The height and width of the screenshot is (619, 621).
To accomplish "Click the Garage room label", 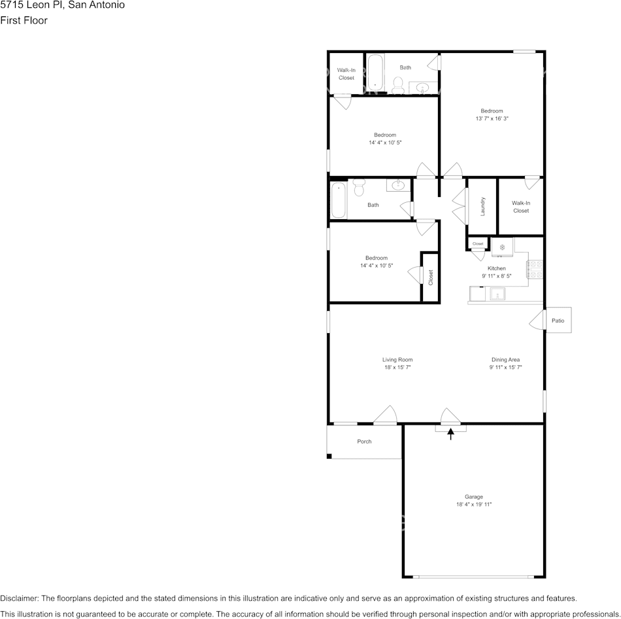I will pyautogui.click(x=473, y=497).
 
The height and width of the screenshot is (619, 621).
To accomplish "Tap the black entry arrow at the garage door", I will pyautogui.click(x=450, y=433).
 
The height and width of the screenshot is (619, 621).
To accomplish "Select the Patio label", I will pyautogui.click(x=558, y=321).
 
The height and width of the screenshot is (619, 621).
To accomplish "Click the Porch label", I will pyautogui.click(x=364, y=442).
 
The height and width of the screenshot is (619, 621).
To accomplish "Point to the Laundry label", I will pyautogui.click(x=482, y=207).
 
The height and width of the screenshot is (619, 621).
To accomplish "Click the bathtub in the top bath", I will pyautogui.click(x=375, y=73).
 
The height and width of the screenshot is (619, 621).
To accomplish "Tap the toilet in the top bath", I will pyautogui.click(x=397, y=84).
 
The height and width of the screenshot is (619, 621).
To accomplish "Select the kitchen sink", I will pyautogui.click(x=497, y=294).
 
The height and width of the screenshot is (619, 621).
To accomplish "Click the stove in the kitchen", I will pyautogui.click(x=535, y=269).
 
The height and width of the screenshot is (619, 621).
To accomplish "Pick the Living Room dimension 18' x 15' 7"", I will pyautogui.click(x=397, y=368).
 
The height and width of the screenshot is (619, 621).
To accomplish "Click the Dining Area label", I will pyautogui.click(x=505, y=359).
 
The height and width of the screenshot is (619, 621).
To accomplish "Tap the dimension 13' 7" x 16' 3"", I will pyautogui.click(x=492, y=119).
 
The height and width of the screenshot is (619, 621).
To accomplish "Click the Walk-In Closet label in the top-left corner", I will pyautogui.click(x=346, y=74).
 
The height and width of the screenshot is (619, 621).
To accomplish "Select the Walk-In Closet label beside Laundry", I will pyautogui.click(x=521, y=207).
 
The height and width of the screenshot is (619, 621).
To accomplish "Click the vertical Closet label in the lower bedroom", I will pyautogui.click(x=430, y=277).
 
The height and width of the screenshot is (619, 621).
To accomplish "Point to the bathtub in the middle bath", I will pyautogui.click(x=339, y=200).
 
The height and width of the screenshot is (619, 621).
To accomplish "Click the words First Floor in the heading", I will pyautogui.click(x=24, y=20).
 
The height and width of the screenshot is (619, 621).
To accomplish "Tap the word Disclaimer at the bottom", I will pyautogui.click(x=19, y=599).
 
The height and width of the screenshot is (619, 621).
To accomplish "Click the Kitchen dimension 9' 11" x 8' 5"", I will pyautogui.click(x=496, y=276).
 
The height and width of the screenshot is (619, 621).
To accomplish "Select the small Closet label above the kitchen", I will pyautogui.click(x=478, y=244).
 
